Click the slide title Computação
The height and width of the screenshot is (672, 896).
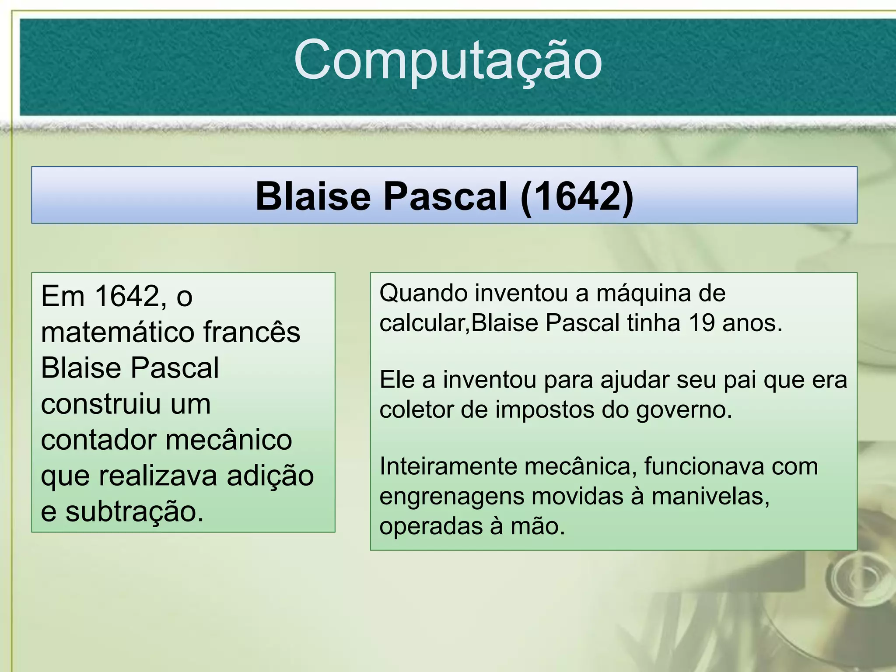[x=448, y=60]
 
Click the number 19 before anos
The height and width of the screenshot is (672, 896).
[x=701, y=323]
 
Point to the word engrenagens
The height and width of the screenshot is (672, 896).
[x=451, y=496]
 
